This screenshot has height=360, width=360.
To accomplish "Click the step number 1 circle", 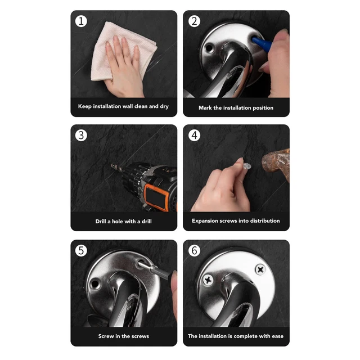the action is click(x=81, y=21).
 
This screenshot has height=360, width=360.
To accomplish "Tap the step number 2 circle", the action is click(x=194, y=21).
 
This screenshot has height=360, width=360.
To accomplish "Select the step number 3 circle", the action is click(x=81, y=135).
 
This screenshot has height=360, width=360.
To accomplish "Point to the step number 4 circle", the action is click(x=194, y=135).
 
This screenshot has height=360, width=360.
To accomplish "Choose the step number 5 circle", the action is click(x=81, y=250).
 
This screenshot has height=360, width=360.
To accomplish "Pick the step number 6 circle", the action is click(x=194, y=250).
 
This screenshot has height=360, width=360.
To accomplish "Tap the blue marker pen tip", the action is click(x=255, y=40).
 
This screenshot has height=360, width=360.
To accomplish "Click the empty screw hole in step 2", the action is click(x=209, y=48).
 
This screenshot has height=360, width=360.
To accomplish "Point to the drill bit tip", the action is click(x=113, y=165).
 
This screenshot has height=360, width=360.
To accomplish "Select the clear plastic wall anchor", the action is click(x=247, y=166).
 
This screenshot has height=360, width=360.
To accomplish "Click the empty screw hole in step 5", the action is click(x=95, y=283).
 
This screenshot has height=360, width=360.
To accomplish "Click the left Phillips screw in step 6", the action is click(x=208, y=280).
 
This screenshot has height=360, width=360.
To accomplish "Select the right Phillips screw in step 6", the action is click(x=260, y=269).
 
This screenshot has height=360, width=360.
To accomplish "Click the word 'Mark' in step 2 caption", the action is click(x=205, y=107).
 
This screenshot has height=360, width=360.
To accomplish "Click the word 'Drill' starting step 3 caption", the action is click(x=101, y=221).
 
